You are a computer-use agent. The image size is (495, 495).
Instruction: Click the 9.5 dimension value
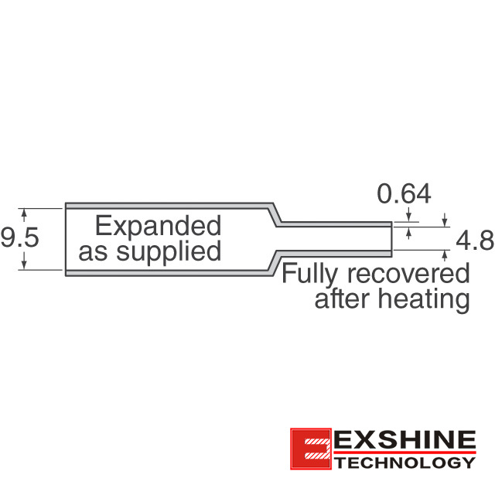coord(19,237)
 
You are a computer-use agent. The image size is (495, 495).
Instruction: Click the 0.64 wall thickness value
coord(404,193)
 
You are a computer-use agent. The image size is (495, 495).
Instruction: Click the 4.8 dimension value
coord(475,241)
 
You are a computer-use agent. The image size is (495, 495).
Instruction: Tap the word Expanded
coord(158,226)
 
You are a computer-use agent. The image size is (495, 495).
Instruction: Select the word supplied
coord(169,251)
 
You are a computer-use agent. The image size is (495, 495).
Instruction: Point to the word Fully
coord(310,275)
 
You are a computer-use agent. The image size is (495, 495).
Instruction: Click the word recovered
coord(408,274)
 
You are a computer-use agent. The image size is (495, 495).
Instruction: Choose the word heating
coord(424,299)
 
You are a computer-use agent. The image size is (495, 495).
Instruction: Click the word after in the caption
coord(342,299)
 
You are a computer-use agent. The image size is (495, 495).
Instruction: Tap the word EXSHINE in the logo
coord(405,439)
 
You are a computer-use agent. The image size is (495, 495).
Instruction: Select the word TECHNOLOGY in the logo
coord(405,463)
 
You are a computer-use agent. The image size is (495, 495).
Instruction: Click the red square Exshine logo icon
coord(311,449)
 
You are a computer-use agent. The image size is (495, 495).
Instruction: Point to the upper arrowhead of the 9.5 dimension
coord(24,214)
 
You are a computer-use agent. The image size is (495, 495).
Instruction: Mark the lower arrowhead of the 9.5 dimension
coord(24,264)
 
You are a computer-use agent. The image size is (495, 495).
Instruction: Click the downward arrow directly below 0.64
coord(409,214)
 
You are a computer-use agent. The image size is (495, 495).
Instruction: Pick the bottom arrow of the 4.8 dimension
coord(445,255)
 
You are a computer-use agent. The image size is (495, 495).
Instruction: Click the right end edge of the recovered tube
coord(392,239)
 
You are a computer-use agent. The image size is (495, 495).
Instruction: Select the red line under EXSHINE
coord(405,452)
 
